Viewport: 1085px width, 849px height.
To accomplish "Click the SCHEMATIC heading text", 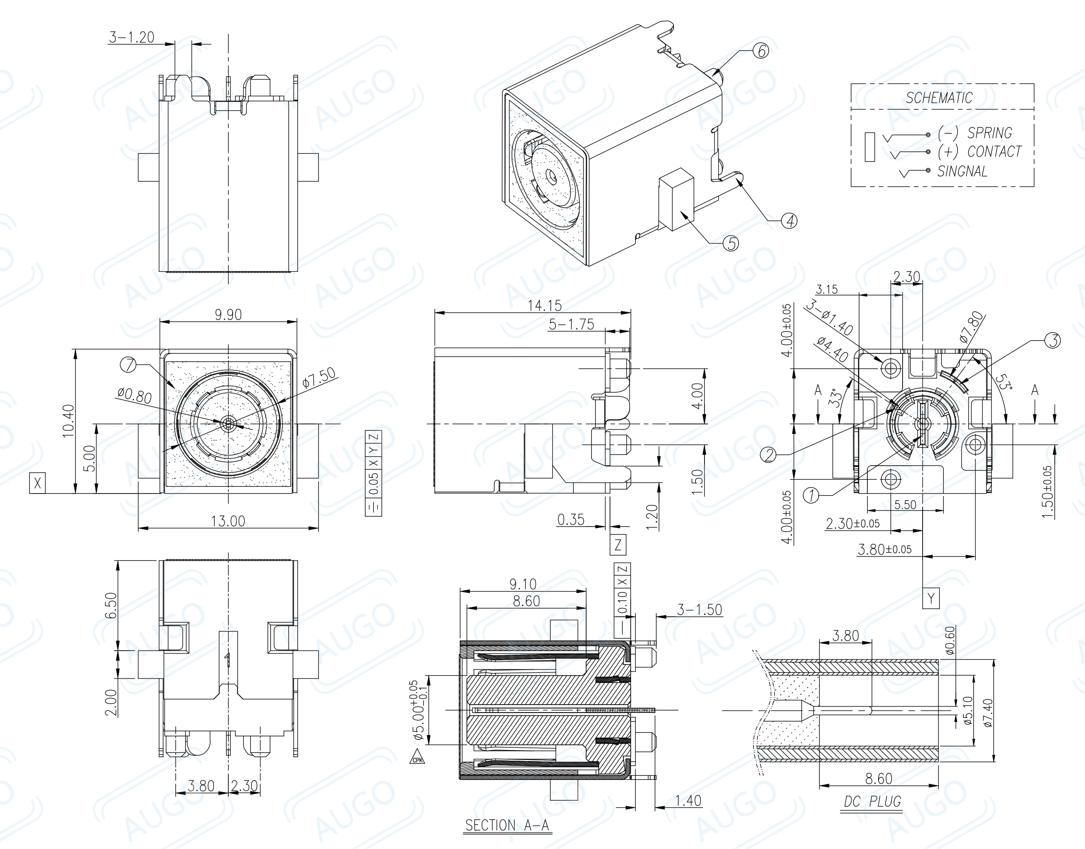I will [x=938, y=98].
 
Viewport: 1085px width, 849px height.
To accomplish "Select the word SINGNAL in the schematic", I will [x=962, y=171].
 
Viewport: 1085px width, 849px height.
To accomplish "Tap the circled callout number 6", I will [x=761, y=51].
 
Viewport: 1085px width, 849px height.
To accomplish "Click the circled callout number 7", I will [x=128, y=365].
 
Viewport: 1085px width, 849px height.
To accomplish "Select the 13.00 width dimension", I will [x=228, y=521].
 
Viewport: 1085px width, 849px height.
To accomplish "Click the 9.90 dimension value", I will [x=228, y=315].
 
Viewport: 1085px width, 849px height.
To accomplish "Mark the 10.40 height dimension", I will [x=68, y=421].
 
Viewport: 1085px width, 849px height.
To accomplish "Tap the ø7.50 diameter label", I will [x=319, y=377].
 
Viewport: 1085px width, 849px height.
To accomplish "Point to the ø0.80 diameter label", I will [x=134, y=396].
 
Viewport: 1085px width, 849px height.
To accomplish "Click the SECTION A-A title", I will [x=507, y=825].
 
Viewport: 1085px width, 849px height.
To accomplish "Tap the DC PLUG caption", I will [x=872, y=801].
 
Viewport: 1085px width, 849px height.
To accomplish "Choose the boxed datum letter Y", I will [x=931, y=598].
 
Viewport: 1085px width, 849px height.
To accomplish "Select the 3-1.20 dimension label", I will [x=132, y=37].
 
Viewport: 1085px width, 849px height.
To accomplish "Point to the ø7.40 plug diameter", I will [x=988, y=713].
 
